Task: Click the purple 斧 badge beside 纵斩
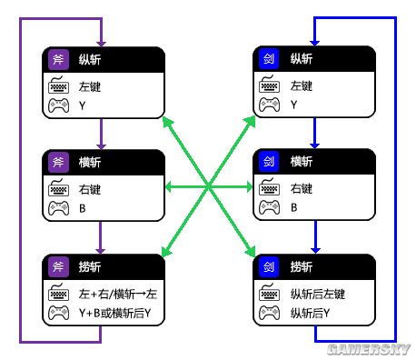(x=59, y=60)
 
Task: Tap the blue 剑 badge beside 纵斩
(x=268, y=60)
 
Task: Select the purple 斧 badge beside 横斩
(x=59, y=164)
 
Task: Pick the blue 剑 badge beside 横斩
(x=268, y=164)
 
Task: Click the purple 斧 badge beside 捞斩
(x=59, y=267)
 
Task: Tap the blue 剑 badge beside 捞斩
(x=268, y=267)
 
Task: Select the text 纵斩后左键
(x=318, y=295)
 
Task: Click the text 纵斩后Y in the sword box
(x=310, y=314)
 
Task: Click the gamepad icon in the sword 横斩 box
(x=268, y=208)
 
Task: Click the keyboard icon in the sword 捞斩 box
(x=268, y=295)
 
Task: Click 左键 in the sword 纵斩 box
(x=301, y=87)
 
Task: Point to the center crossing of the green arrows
(x=208, y=187)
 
